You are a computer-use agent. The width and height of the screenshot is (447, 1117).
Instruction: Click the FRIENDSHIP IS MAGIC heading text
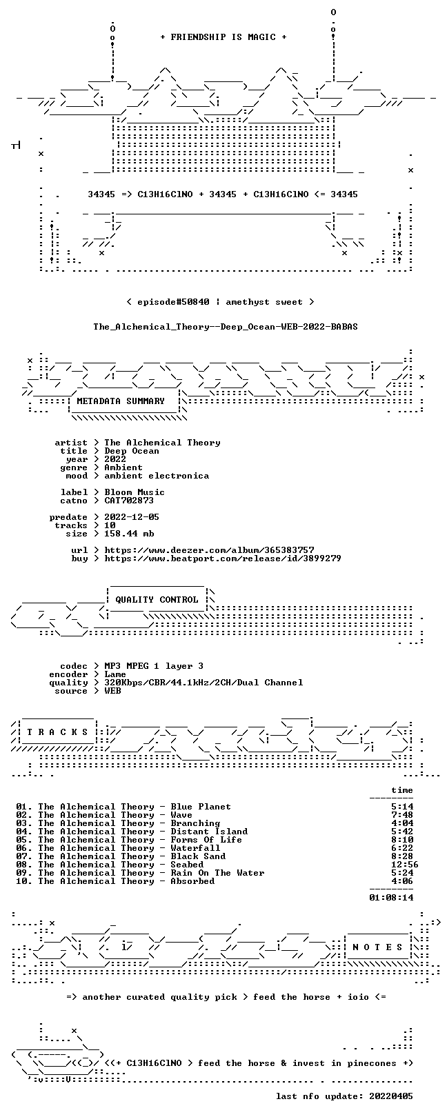tap(223, 37)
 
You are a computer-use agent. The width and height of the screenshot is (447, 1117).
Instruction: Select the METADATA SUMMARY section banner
tap(121, 401)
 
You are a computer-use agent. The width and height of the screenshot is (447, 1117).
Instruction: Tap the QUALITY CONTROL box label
tap(157, 600)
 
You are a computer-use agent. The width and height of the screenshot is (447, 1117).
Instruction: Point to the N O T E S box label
tap(377, 947)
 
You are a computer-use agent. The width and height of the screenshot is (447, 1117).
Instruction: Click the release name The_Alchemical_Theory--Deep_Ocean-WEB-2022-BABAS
tap(226, 327)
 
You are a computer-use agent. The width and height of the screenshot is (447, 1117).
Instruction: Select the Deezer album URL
tap(210, 550)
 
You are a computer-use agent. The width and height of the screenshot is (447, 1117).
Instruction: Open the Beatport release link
tap(223, 558)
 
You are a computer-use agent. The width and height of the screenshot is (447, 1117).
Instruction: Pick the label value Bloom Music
tap(135, 492)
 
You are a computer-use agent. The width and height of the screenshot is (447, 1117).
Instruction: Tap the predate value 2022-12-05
tap(132, 517)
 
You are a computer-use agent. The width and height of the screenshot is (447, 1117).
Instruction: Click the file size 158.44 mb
tap(129, 534)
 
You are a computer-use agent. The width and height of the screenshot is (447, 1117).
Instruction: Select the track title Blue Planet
tap(201, 806)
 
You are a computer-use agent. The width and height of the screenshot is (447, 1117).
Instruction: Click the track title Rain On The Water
tap(217, 873)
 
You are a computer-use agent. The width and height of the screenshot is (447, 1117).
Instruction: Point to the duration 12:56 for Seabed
tap(405, 864)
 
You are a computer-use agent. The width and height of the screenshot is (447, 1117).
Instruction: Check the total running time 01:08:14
tap(392, 897)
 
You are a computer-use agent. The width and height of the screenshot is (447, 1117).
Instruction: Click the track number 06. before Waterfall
tap(24, 847)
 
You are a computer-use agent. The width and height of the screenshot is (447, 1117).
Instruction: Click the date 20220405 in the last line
tap(392, 1096)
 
